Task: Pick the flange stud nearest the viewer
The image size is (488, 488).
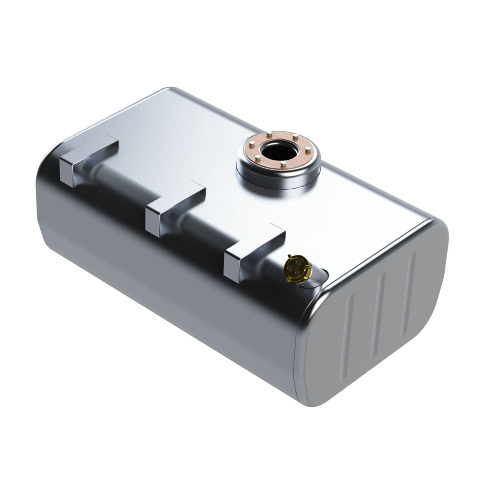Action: pos(283,165)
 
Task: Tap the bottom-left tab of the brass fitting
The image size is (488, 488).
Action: pos(288,277)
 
